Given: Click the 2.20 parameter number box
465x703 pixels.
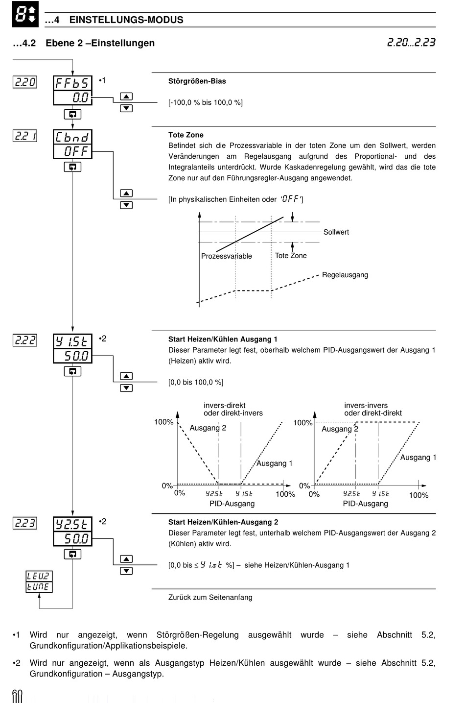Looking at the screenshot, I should (x=25, y=82).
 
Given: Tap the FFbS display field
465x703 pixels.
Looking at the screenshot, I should (x=72, y=83).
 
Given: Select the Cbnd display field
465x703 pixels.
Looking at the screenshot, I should (x=72, y=137).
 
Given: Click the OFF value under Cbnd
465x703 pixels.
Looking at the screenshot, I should (x=72, y=151).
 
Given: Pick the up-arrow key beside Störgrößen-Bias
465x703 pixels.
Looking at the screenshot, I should (x=126, y=97).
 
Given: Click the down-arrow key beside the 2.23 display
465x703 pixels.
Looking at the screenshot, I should (x=126, y=571).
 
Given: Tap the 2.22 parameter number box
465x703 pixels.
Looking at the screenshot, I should (x=25, y=340).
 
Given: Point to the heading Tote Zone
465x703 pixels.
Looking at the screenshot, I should (x=186, y=135).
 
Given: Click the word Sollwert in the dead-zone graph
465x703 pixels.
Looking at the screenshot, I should (x=336, y=232).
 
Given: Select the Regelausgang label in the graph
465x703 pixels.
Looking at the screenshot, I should (x=345, y=275).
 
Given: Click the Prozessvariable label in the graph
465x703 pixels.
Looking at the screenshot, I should (x=227, y=256).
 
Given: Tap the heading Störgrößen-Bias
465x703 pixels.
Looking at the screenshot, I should (x=197, y=81).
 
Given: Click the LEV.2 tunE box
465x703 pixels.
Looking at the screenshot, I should (x=39, y=582).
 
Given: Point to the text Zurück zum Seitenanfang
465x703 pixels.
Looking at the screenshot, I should (x=210, y=597).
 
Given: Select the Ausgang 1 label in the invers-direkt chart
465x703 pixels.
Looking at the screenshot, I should (x=275, y=463).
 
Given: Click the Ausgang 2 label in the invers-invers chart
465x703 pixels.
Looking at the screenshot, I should (x=340, y=429).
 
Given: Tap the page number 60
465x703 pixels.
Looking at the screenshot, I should (x=18, y=696).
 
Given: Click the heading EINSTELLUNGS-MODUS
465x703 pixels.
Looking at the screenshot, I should (x=126, y=20).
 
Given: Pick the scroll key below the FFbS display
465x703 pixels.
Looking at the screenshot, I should (x=72, y=114).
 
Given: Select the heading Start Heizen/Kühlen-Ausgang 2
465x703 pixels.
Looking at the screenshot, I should (x=223, y=522).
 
